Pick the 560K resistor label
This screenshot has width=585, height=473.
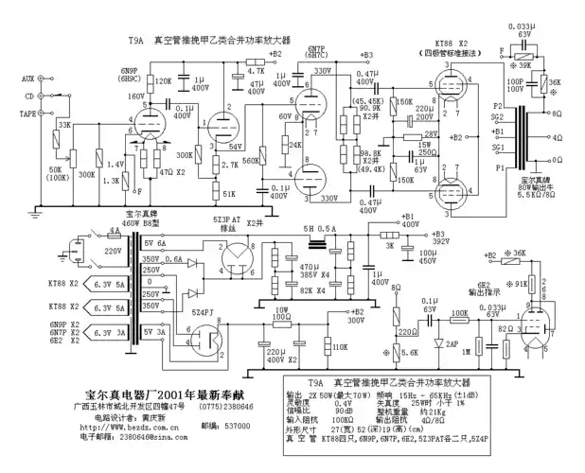click(x=250, y=160)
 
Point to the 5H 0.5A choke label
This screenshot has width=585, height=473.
click(x=319, y=229)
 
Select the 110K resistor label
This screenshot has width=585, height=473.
click(x=340, y=347)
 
